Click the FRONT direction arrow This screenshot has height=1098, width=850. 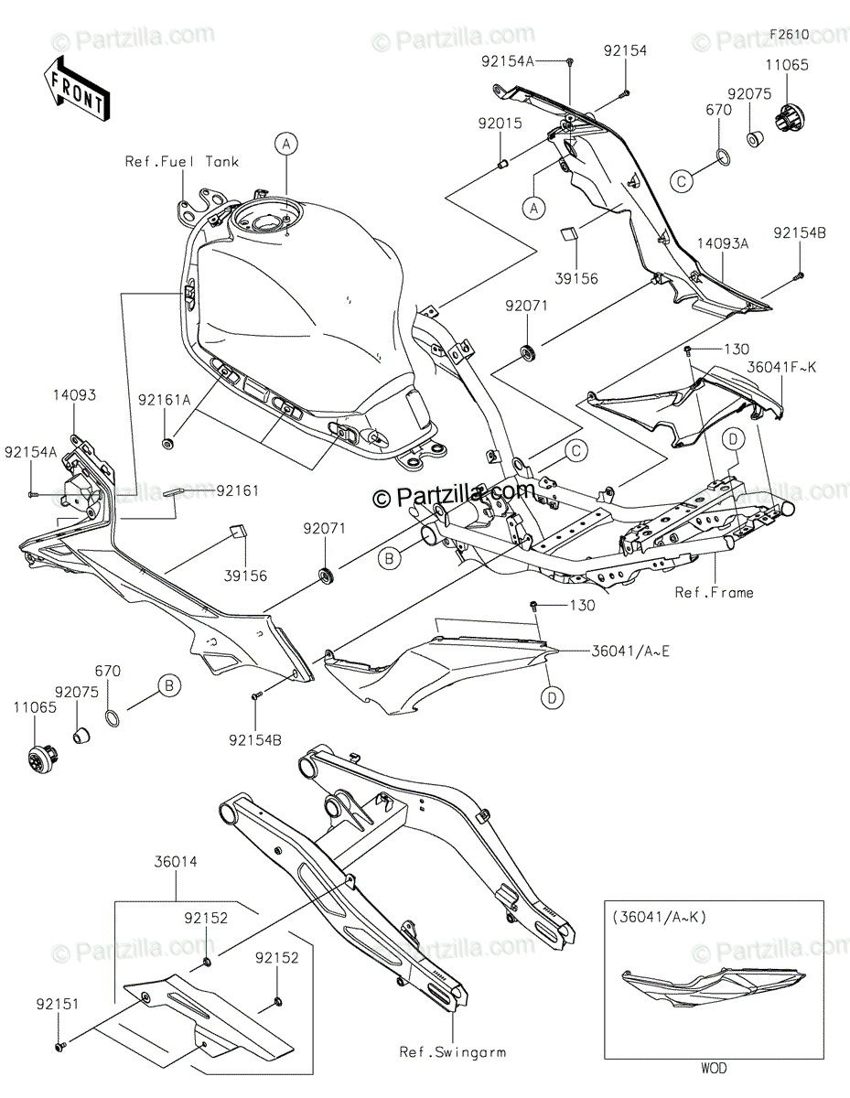(x=76, y=89)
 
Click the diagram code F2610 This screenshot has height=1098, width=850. (x=789, y=35)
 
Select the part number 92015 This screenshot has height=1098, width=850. (x=500, y=124)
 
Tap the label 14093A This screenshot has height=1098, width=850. (x=723, y=243)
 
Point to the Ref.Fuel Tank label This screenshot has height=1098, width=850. (x=182, y=162)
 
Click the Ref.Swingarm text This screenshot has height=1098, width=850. (x=453, y=1052)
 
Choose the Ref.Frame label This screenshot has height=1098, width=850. (x=715, y=592)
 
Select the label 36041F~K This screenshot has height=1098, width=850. (x=781, y=367)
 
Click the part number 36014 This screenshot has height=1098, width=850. (x=176, y=862)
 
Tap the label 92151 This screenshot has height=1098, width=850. (x=58, y=1004)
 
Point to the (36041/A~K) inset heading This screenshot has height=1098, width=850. (x=659, y=917)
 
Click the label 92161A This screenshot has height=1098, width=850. (x=165, y=400)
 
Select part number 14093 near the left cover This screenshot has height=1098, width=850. (x=74, y=394)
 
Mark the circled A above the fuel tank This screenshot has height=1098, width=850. (x=286, y=144)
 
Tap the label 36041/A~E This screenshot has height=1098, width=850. (x=630, y=651)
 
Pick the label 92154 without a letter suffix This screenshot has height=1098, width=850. (x=625, y=50)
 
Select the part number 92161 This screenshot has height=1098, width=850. (x=237, y=490)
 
